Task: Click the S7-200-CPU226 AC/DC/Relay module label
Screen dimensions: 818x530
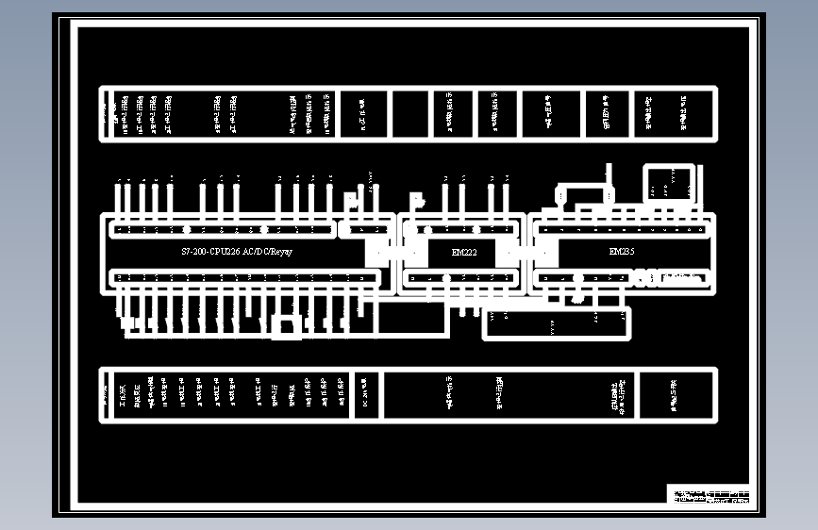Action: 237,253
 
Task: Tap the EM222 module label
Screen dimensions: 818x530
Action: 463,253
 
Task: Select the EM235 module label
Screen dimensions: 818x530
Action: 622,253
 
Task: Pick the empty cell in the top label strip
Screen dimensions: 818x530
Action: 409,114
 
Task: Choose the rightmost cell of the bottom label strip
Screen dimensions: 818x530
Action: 676,395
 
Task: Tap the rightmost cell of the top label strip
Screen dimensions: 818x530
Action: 674,114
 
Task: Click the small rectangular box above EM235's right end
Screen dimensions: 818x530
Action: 669,183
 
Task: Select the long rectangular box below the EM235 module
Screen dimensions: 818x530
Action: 557,323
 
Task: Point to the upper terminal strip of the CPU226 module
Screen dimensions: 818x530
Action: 223,229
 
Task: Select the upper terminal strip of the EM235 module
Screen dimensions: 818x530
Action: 621,228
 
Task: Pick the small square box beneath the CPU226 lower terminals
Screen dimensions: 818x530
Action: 285,326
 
